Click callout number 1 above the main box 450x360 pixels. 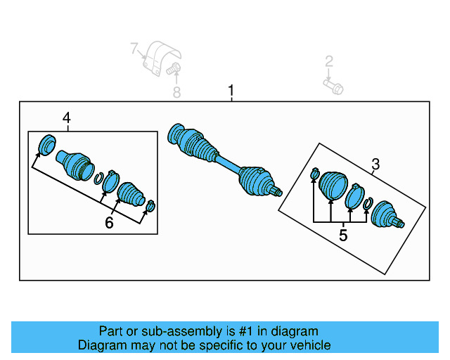pyautogui.click(x=231, y=91)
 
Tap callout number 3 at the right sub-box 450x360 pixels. pyautogui.click(x=375, y=164)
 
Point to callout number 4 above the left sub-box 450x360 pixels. pyautogui.click(x=67, y=118)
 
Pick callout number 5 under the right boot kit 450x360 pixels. pyautogui.click(x=343, y=236)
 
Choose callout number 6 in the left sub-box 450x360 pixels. pyautogui.click(x=109, y=223)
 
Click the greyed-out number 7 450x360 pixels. pyautogui.click(x=134, y=49)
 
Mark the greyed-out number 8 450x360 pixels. pyautogui.click(x=176, y=92)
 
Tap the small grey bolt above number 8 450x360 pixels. pyautogui.click(x=175, y=69)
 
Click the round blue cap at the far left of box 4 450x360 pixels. pyautogui.click(x=47, y=145)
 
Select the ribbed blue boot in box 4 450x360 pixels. pyautogui.click(x=131, y=193)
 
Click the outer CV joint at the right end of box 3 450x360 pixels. pyautogui.click(x=387, y=214)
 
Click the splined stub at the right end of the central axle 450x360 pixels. pyautogui.click(x=277, y=191)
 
